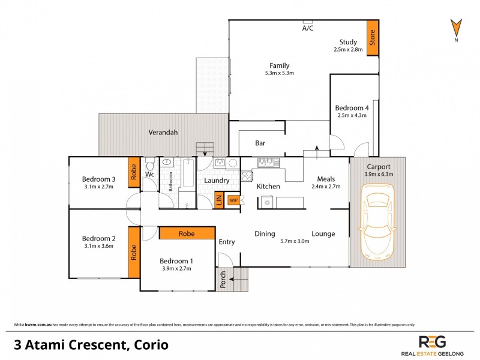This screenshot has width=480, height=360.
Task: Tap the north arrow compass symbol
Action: coord(456,28)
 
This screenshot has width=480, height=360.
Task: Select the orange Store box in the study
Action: coord(373,38)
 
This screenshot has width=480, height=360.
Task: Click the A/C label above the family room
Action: coord(308,28)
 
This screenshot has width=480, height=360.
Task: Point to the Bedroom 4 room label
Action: coord(352,107)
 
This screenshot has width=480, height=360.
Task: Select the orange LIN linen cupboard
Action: coord(219,200)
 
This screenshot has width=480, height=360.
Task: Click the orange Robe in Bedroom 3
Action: coord(134,172)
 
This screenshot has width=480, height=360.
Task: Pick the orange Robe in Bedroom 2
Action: coord(134,253)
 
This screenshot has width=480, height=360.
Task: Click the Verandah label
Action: coord(163,133)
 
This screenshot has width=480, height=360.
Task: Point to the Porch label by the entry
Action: coord(223,280)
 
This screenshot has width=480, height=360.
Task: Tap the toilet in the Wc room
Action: coord(150,164)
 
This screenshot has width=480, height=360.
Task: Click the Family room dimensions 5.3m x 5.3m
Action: coord(279,73)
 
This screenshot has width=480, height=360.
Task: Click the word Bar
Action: coord(260,143)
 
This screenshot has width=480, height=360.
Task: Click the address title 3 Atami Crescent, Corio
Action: coord(91,345)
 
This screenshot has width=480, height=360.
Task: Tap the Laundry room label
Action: coord(217,181)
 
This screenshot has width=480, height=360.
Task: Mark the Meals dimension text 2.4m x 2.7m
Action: coord(326,187)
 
